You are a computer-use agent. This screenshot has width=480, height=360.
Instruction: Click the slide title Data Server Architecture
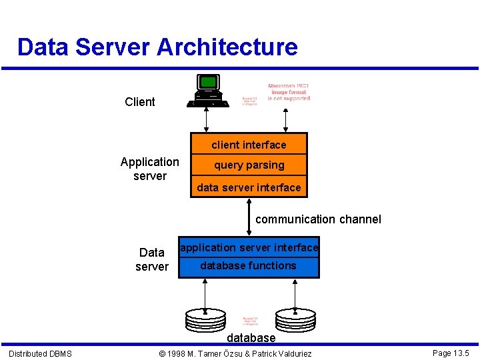pyautogui.click(x=157, y=47)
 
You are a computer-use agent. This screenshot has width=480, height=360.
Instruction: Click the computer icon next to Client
pyautogui.click(x=209, y=91)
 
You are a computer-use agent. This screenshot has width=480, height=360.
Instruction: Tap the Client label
pyautogui.click(x=140, y=102)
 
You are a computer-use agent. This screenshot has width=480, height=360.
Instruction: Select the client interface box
pyautogui.click(x=249, y=145)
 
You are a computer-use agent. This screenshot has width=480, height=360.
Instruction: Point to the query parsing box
pyautogui.click(x=249, y=165)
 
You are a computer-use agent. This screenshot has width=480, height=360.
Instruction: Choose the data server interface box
pyautogui.click(x=249, y=187)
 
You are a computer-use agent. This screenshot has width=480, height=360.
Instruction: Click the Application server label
pyautogui.click(x=150, y=169)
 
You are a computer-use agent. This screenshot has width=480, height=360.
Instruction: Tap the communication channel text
pyautogui.click(x=318, y=219)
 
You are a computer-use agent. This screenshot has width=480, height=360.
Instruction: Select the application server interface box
pyautogui.click(x=249, y=247)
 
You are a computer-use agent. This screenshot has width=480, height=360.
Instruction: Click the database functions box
pyautogui.click(x=249, y=266)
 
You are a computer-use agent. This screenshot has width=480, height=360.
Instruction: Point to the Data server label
pyautogui.click(x=152, y=259)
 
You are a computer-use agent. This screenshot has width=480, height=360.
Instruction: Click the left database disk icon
pyautogui.click(x=205, y=319)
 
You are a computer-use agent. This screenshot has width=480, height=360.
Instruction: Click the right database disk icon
pyautogui.click(x=295, y=319)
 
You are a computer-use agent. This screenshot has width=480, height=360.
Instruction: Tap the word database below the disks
pyautogui.click(x=251, y=338)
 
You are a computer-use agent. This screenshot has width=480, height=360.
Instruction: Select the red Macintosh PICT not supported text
pyautogui.click(x=289, y=93)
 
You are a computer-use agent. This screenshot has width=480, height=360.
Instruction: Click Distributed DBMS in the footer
pyautogui.click(x=40, y=353)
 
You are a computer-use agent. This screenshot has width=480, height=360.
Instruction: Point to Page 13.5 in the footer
pyautogui.click(x=451, y=353)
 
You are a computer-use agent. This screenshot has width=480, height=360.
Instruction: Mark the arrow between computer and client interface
pyautogui.click(x=206, y=120)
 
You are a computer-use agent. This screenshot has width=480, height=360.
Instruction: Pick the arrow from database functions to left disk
pyautogui.click(x=205, y=293)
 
